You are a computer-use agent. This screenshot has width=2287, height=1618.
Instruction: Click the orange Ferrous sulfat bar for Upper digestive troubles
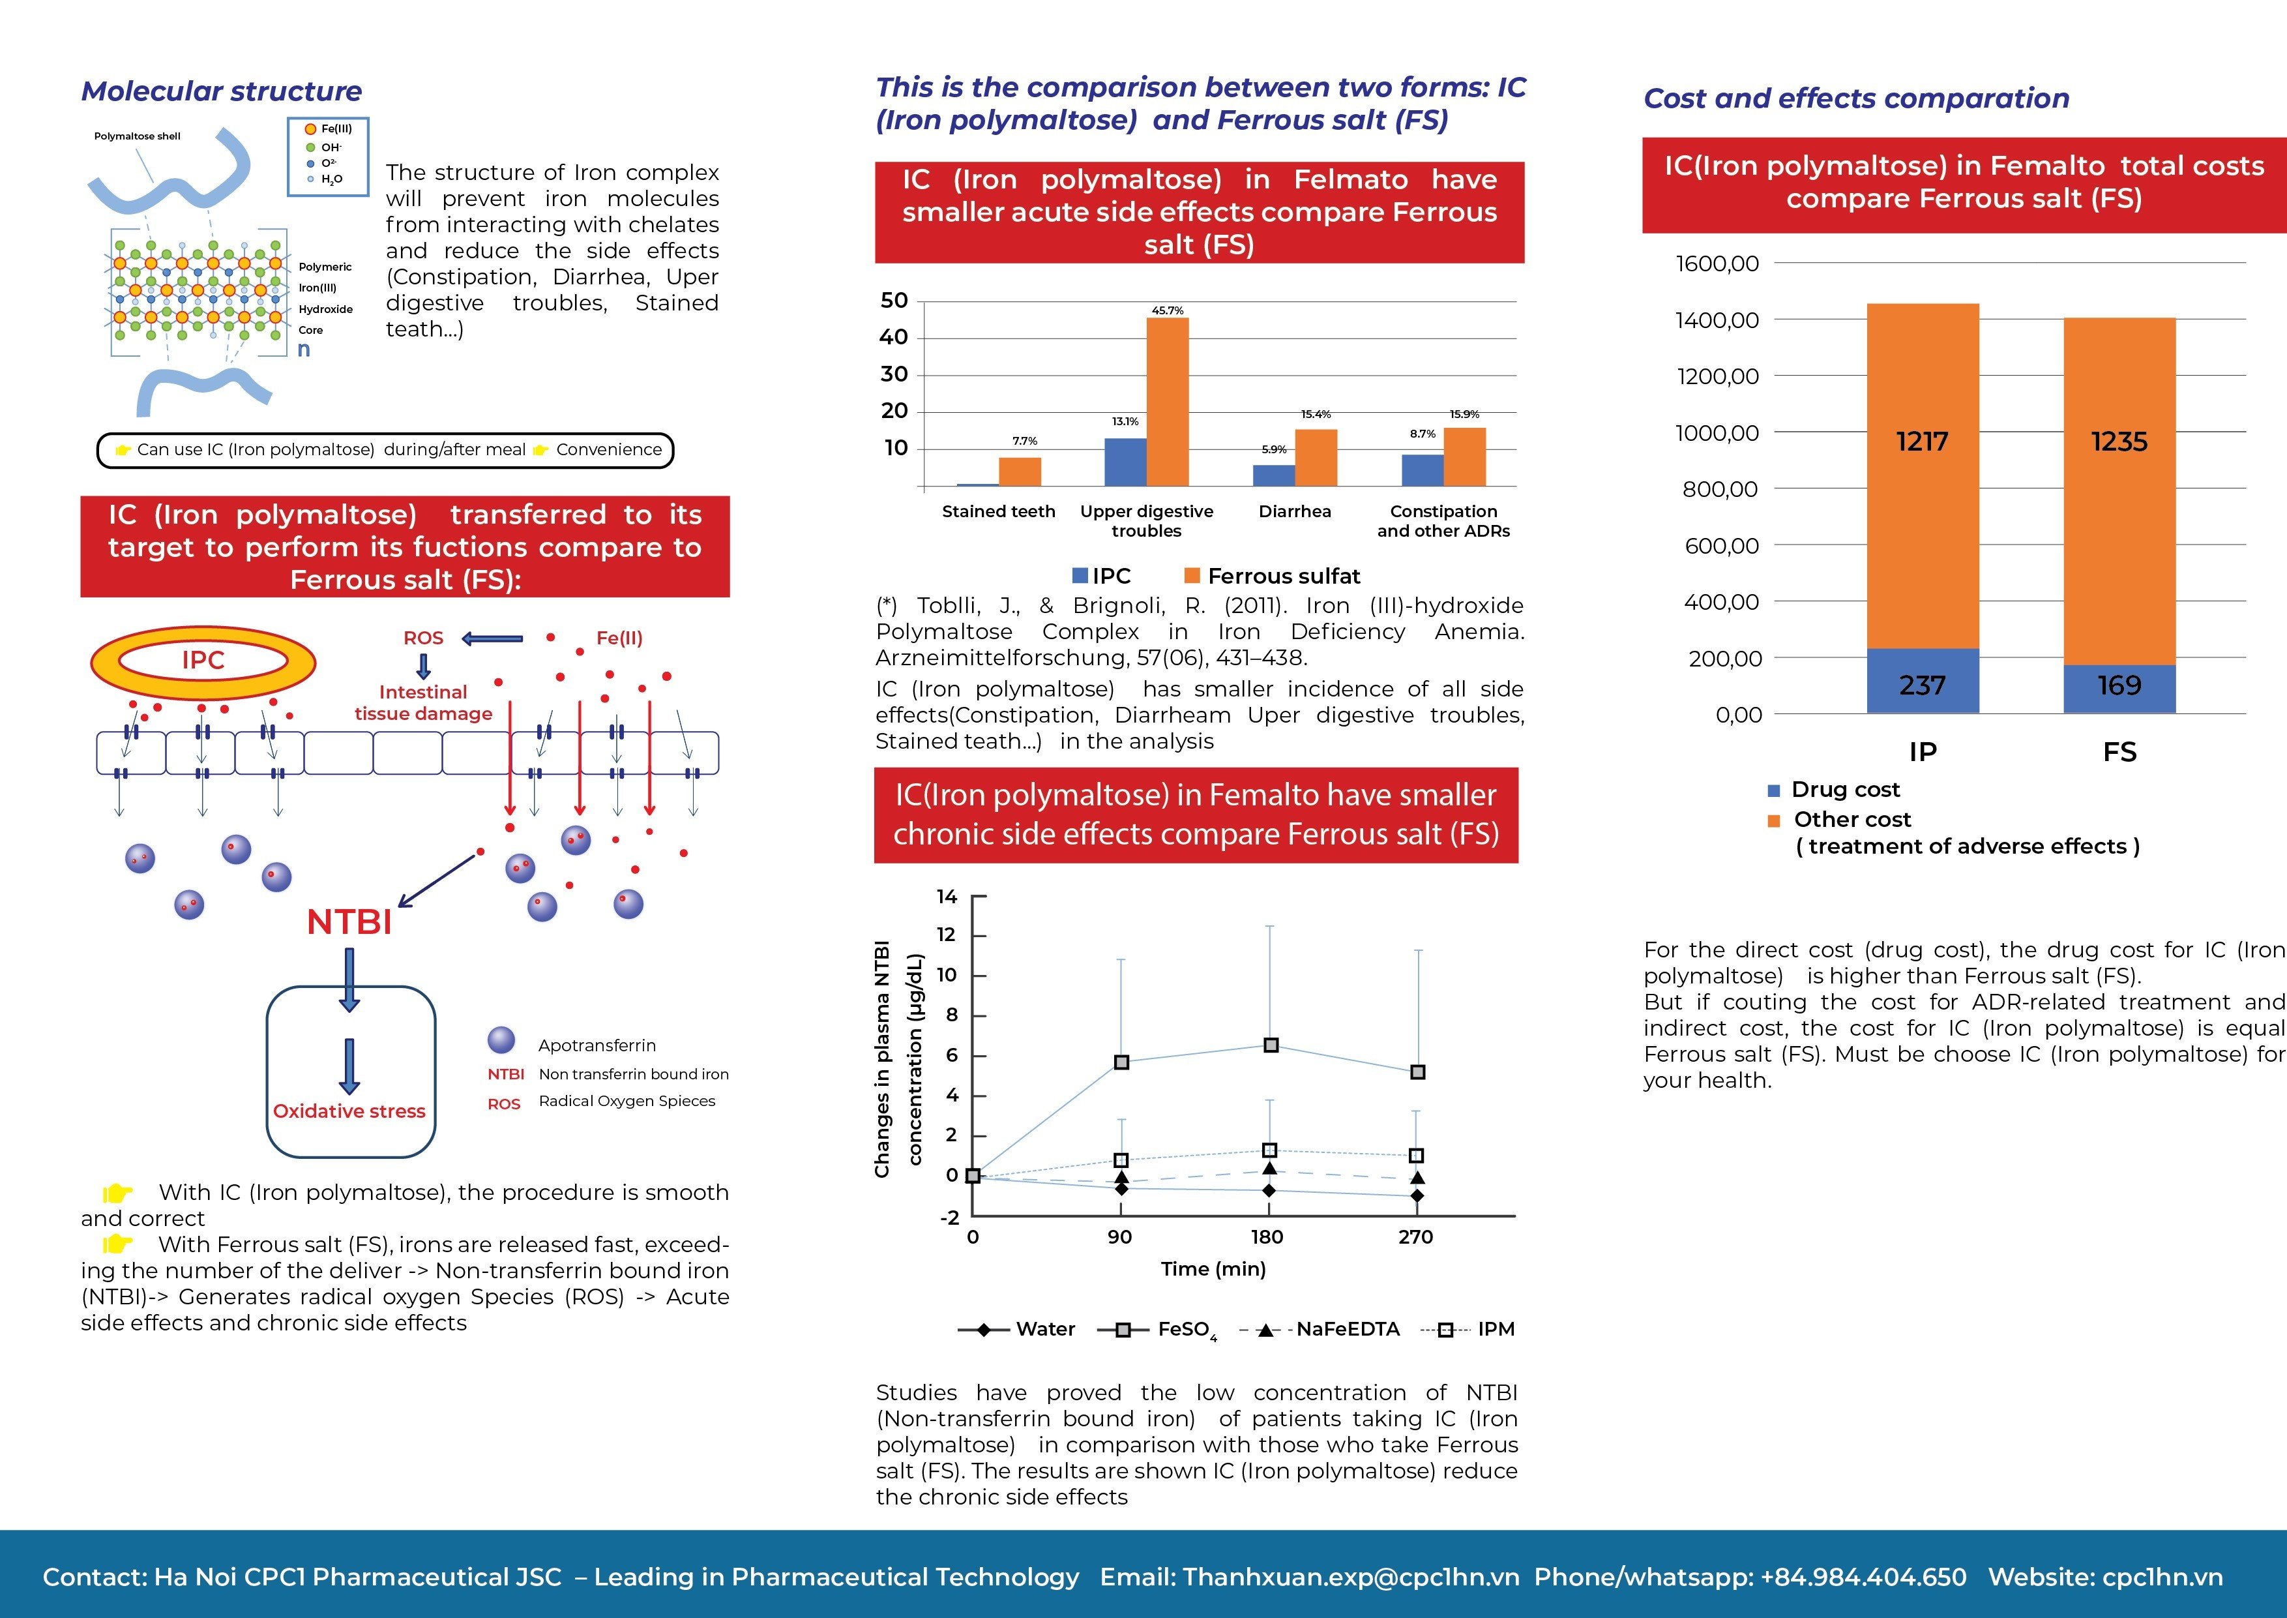(x=1168, y=402)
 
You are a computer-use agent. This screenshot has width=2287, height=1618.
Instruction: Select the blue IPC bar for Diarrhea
(x=1274, y=475)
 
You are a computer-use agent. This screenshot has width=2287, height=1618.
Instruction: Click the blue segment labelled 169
(x=2119, y=689)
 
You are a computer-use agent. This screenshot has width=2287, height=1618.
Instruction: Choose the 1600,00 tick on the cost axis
(x=1717, y=263)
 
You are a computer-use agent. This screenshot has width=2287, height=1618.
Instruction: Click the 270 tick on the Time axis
(x=1415, y=1237)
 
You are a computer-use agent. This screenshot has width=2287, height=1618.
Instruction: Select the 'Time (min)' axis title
(x=1213, y=1269)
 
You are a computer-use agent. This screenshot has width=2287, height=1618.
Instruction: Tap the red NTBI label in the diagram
(x=349, y=921)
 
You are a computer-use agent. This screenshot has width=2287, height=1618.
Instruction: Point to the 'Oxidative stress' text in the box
(x=349, y=1111)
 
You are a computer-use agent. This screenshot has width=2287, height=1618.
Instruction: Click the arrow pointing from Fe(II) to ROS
(x=492, y=638)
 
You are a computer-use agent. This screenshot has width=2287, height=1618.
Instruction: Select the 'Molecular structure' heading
(x=221, y=92)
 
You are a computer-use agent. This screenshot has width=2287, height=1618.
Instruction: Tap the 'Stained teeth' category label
(x=998, y=511)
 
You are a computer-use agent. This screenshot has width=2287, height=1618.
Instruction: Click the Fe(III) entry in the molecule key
(x=330, y=128)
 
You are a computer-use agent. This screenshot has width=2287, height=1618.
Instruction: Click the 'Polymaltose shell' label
(x=138, y=136)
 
